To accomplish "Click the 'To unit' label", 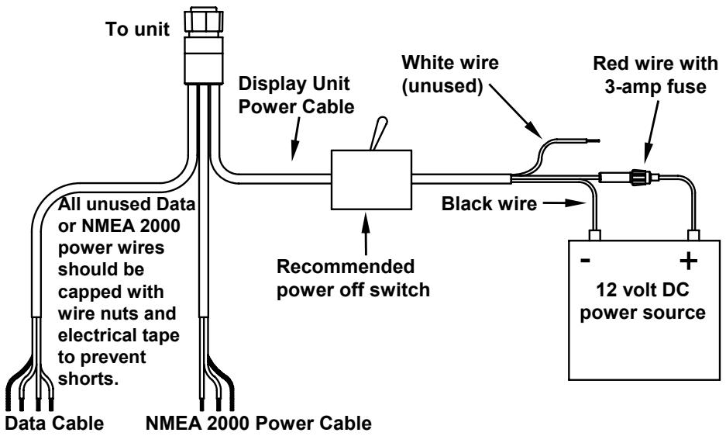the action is [x=137, y=29].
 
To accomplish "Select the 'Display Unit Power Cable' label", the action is [x=296, y=95].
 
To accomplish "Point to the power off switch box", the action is [x=371, y=179].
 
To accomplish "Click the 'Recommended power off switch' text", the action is [x=353, y=279].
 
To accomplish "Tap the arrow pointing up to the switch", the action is [x=366, y=234].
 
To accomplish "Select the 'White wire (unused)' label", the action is [x=450, y=74].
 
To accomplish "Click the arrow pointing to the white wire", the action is [x=515, y=110].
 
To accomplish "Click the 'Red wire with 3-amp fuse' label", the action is [x=655, y=74].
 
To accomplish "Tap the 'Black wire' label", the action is [x=489, y=203].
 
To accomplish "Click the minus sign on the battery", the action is [x=585, y=260].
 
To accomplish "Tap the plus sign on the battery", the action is [x=689, y=260].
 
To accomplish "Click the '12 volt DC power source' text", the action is [x=642, y=301].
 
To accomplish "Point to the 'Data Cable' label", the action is [x=55, y=423].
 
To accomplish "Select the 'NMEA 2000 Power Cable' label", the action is [x=258, y=423].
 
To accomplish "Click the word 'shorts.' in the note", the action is [x=88, y=379].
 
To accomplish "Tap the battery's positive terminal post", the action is [x=693, y=235].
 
